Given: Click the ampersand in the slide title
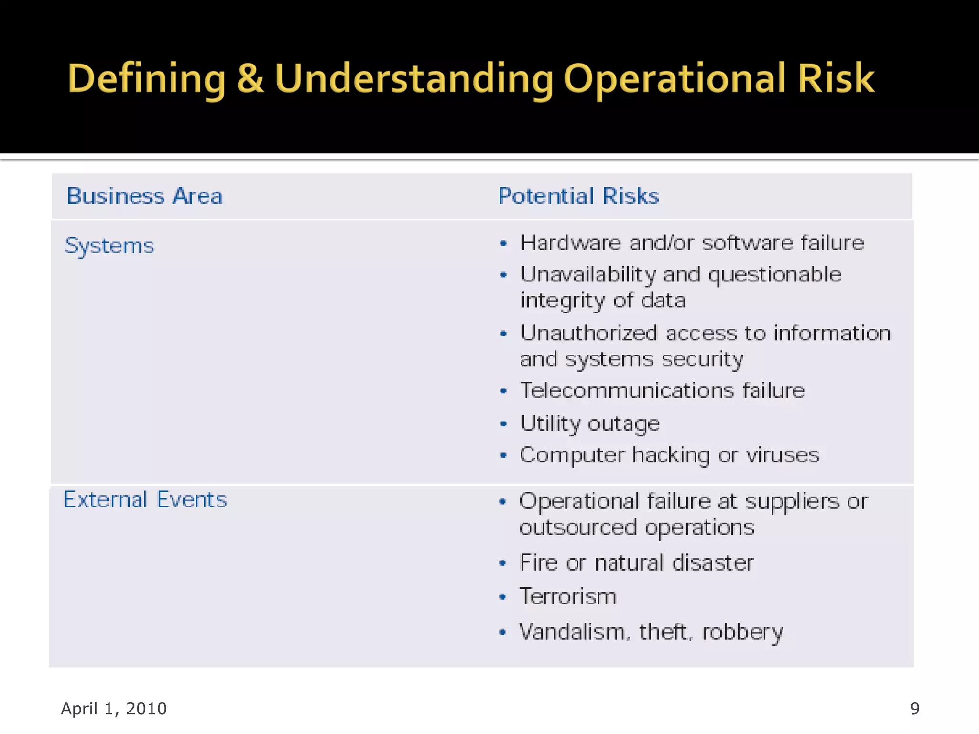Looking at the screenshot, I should click(250, 78).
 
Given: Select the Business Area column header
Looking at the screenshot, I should click(145, 196).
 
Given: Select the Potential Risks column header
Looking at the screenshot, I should click(578, 196).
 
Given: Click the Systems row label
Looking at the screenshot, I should click(109, 246).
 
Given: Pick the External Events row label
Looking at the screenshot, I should click(145, 500).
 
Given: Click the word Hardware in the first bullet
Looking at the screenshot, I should click(571, 243).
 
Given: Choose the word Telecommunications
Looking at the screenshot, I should click(627, 390).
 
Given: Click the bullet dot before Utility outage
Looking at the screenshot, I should click(503, 424).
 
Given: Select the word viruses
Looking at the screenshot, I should click(783, 455).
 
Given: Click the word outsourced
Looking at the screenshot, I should click(578, 528).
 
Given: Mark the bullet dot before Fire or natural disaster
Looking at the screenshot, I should click(502, 563).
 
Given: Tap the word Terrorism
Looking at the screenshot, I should click(568, 596).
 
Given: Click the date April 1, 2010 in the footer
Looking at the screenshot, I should click(114, 709).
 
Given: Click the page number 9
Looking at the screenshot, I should click(914, 709).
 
